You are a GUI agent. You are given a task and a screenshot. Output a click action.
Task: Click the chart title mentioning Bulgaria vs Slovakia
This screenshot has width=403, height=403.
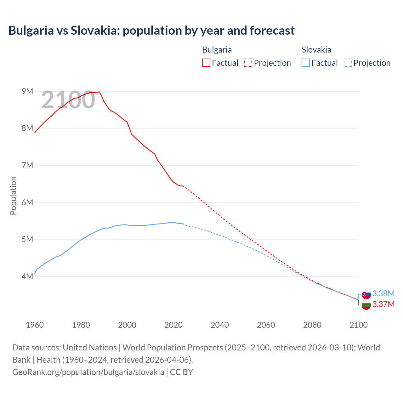pyautogui.click(x=151, y=31)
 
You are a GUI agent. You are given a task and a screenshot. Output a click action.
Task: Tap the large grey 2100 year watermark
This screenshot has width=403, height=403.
pyautogui.click(x=68, y=100)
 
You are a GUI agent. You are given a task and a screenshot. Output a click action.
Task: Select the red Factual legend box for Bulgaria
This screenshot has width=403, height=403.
pyautogui.click(x=206, y=63)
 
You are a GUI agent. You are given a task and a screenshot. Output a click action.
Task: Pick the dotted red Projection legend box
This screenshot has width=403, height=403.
pyautogui.click(x=248, y=63)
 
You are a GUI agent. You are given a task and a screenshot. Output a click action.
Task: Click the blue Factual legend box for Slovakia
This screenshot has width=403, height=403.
pyautogui.click(x=306, y=63)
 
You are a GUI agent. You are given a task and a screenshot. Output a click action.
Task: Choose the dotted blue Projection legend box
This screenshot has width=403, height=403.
pyautogui.click(x=348, y=63)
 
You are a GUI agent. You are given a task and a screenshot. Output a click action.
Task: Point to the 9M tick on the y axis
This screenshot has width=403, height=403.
pyautogui.click(x=27, y=91)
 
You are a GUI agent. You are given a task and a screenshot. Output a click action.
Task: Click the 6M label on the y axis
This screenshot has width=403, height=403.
pyautogui.click(x=27, y=202)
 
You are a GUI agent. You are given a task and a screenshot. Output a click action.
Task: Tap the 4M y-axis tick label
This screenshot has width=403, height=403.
pyautogui.click(x=27, y=276)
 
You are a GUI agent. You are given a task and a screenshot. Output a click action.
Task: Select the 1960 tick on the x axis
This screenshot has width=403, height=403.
pyautogui.click(x=35, y=325)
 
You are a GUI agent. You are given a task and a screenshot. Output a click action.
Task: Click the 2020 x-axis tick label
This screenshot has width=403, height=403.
pyautogui.click(x=173, y=325)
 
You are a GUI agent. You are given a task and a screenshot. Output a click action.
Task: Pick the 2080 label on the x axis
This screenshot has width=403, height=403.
pyautogui.click(x=312, y=325)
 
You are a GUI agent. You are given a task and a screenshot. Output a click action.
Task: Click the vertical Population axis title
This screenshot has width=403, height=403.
pyautogui.click(x=13, y=196)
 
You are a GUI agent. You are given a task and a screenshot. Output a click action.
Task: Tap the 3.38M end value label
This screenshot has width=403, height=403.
pyautogui.click(x=383, y=293)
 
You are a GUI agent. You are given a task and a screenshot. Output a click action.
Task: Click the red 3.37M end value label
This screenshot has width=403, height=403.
pyautogui.click(x=383, y=304)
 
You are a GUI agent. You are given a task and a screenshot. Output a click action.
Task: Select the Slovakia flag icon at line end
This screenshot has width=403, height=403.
pyautogui.click(x=366, y=294)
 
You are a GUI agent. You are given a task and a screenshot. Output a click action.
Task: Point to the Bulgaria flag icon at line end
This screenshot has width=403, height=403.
pyautogui.click(x=366, y=305)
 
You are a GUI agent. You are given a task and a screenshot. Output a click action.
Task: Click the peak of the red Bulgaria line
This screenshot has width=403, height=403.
pyautogui.click(x=99, y=92)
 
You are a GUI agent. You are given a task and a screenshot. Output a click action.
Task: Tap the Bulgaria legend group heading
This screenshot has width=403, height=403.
pyautogui.click(x=217, y=50)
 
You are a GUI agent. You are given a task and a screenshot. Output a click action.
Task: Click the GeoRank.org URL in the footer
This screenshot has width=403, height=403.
pyautogui.click(x=88, y=372)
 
